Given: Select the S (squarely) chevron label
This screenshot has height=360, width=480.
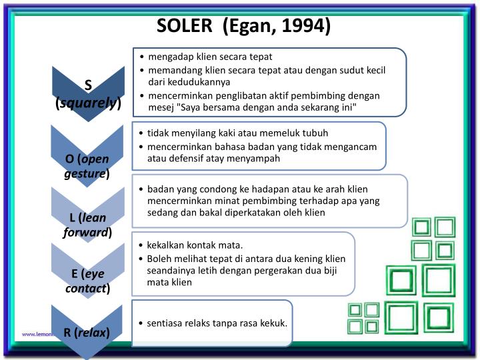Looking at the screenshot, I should pos(88,94).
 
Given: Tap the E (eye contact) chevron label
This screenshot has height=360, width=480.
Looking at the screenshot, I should pos(87,281).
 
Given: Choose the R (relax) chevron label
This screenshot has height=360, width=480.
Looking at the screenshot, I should pos(87,332).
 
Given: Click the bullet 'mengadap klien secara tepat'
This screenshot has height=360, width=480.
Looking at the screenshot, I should pos(210,57).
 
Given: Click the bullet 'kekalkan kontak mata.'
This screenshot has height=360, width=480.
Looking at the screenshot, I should pos(195,244).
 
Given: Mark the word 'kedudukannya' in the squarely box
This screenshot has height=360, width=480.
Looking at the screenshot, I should pos(199,82).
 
